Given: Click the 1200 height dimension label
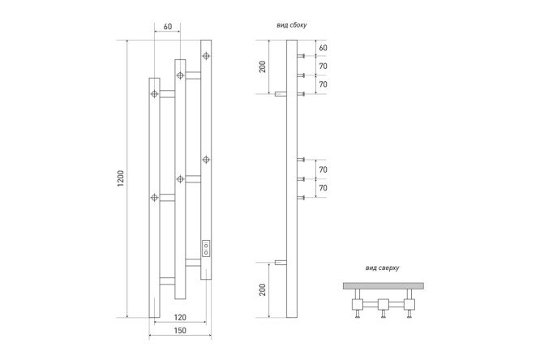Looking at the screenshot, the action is [121, 178].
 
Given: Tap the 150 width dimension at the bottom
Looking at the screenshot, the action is [180, 330].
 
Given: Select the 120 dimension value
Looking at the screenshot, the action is [180, 317].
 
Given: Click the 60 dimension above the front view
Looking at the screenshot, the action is [168, 27].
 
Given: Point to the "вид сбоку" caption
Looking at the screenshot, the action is [291, 25].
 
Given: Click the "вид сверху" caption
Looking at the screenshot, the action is [382, 268].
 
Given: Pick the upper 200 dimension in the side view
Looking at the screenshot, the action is [263, 66].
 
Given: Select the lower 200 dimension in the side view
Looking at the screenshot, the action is [263, 289].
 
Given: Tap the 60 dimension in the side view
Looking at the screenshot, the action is [323, 48].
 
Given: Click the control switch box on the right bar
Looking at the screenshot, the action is [206, 248].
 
